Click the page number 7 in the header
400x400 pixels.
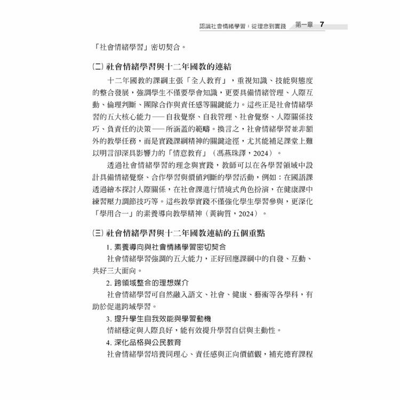(322, 25)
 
